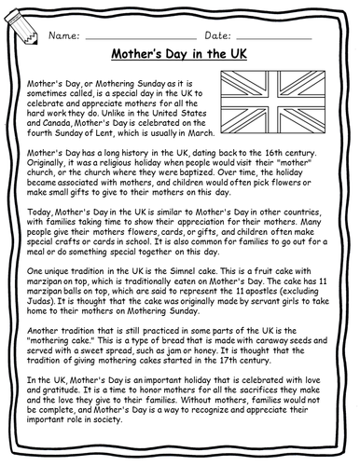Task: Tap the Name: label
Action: point(62,34)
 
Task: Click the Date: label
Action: point(230,34)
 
